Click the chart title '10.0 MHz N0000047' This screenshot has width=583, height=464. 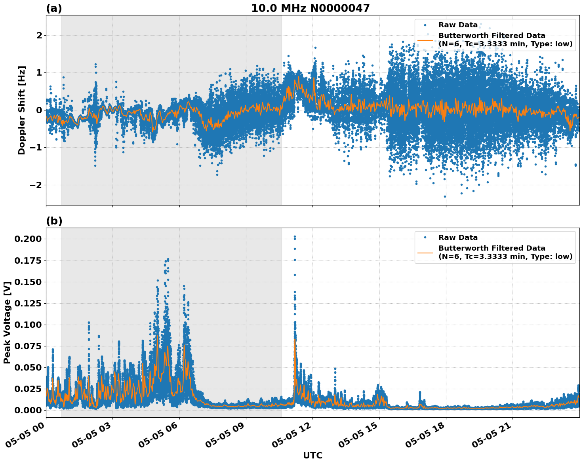[x=310, y=8]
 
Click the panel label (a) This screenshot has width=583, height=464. [x=54, y=8]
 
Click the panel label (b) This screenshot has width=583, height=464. [x=54, y=221]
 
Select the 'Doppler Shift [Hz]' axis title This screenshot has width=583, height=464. [x=22, y=110]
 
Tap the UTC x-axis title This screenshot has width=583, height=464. [x=312, y=455]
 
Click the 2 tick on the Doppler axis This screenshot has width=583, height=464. [x=39, y=36]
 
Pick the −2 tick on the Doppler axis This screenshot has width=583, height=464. [x=36, y=185]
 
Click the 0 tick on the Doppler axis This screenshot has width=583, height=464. [x=39, y=110]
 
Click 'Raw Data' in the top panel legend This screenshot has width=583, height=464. [x=458, y=25]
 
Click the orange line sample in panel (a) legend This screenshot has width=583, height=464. [x=425, y=40]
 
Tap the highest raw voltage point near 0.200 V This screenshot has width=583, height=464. [x=295, y=237]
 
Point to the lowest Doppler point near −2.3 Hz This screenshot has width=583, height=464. [x=445, y=196]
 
